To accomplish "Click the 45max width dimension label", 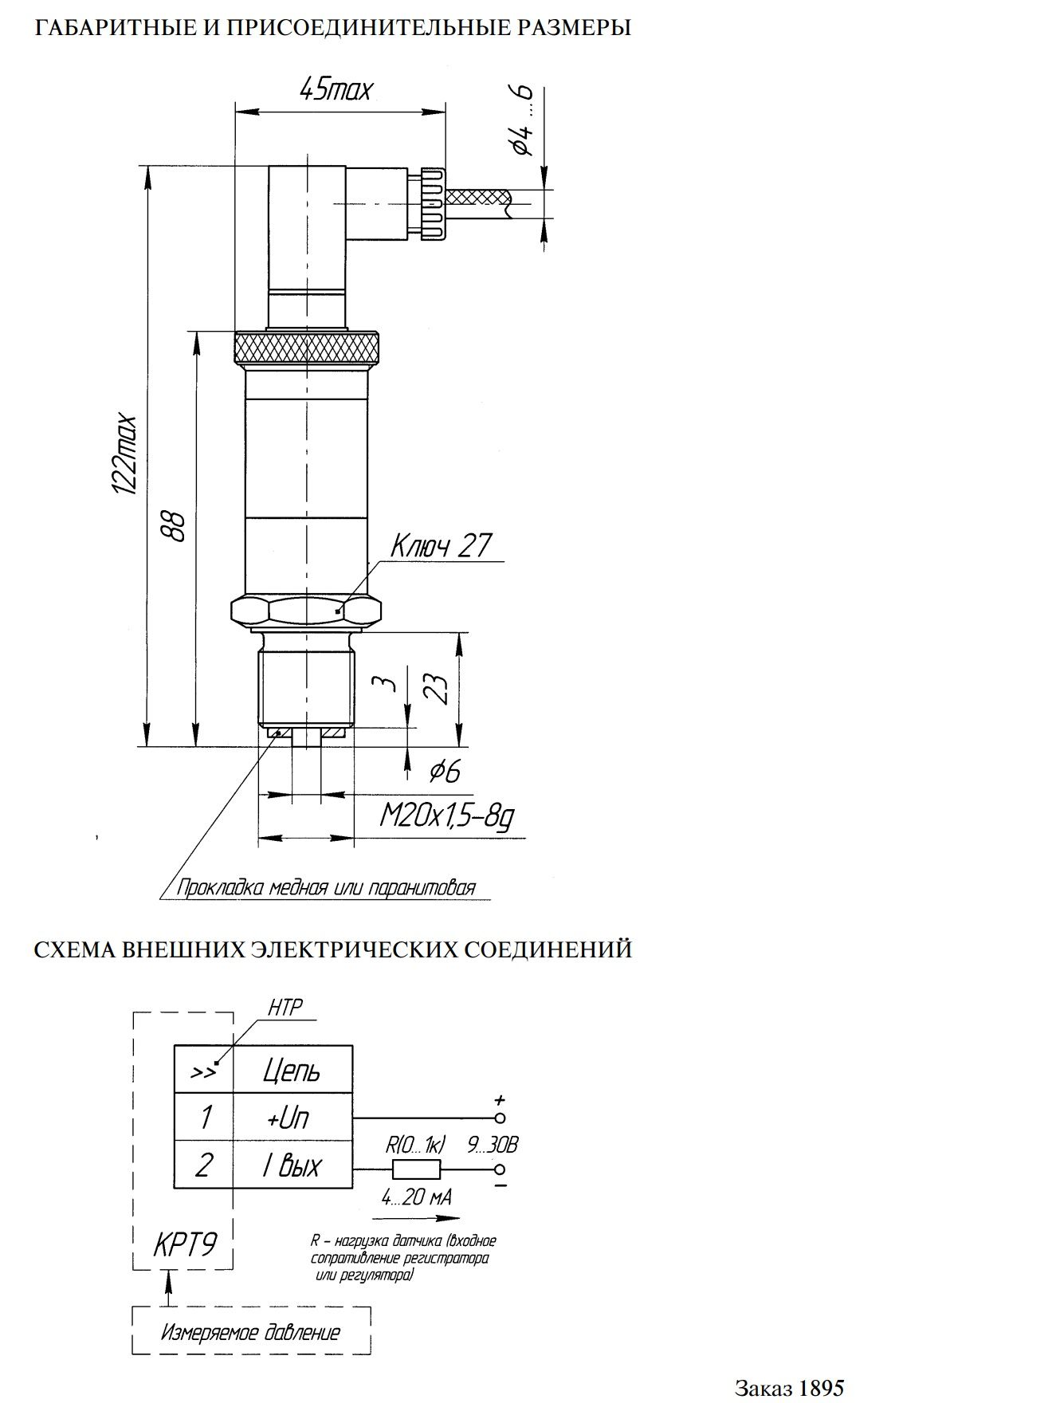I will (336, 88).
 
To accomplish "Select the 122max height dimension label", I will (126, 455).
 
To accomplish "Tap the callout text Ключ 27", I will (441, 546).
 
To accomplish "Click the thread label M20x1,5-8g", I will (446, 816).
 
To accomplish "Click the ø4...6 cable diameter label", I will (523, 120).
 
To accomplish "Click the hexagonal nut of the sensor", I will (306, 611).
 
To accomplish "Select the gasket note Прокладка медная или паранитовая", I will (325, 888).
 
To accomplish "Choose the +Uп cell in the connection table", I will (288, 1118).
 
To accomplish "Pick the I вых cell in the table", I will (292, 1165).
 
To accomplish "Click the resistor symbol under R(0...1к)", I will (416, 1169).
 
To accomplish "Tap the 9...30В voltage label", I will (493, 1146).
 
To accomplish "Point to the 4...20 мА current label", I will (416, 1197).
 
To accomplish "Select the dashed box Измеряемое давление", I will (251, 1331).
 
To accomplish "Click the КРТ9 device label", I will (184, 1245).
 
